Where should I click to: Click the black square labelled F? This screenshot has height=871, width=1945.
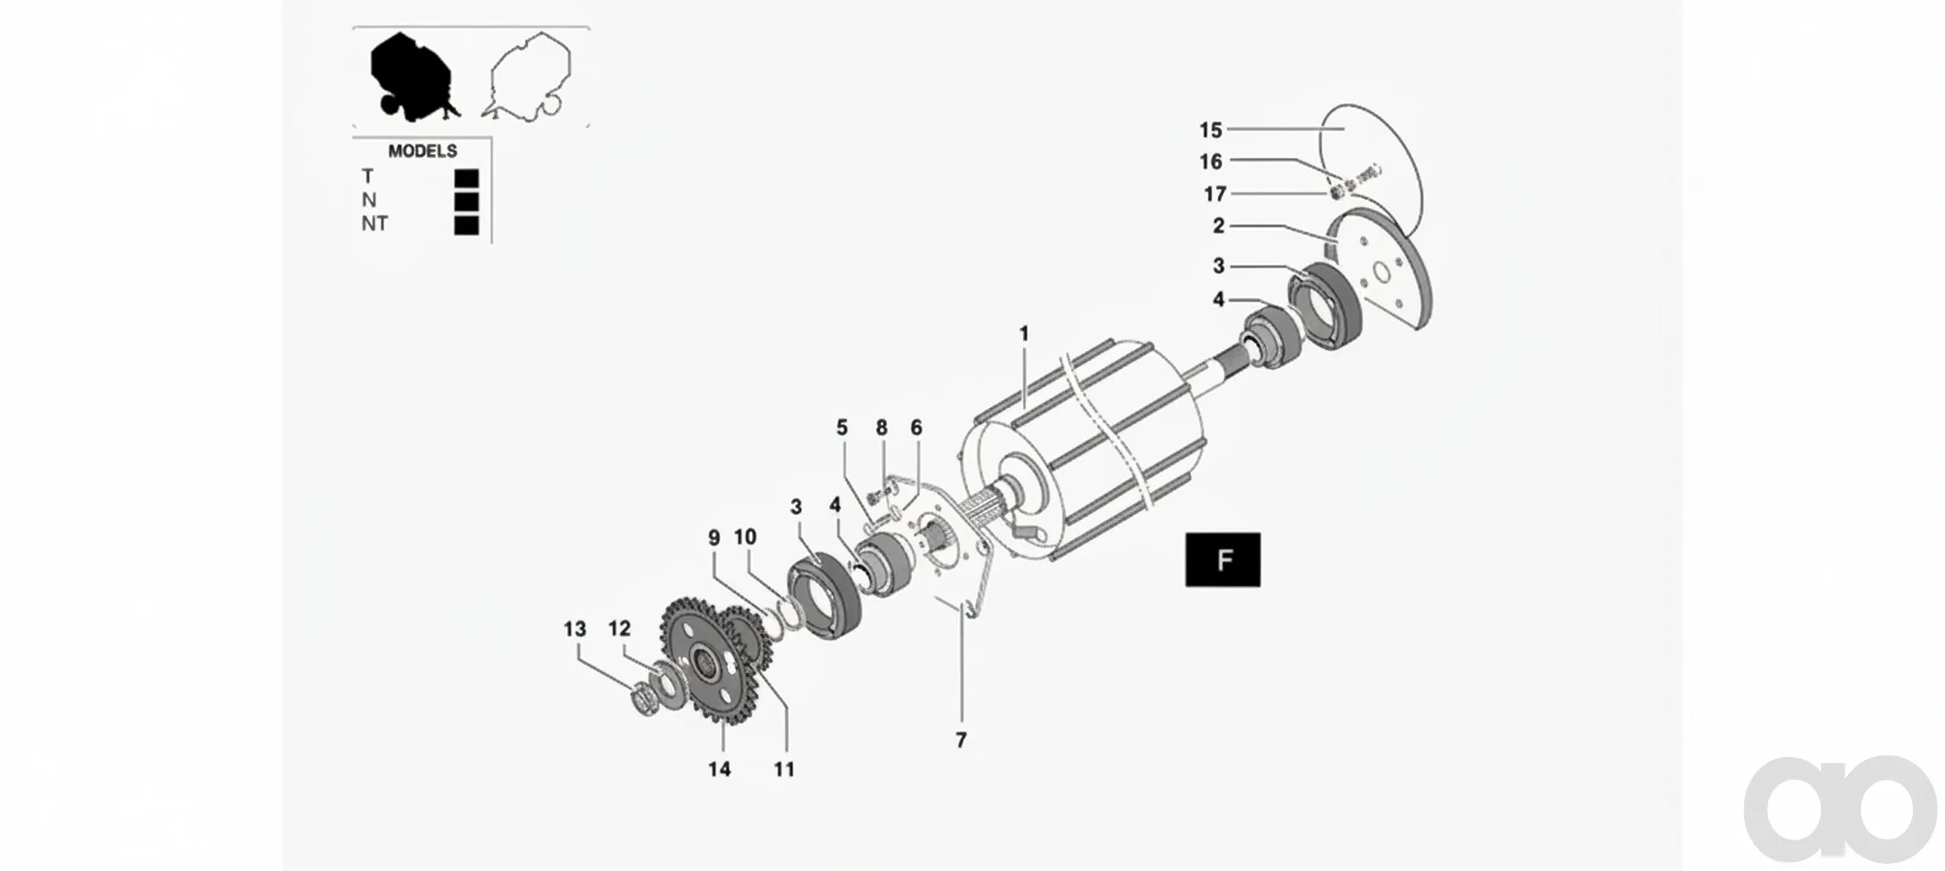[1223, 560]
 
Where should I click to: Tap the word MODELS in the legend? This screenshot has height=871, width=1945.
[422, 151]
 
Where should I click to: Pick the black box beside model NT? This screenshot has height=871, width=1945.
[466, 225]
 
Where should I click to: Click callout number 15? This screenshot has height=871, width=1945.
[1210, 130]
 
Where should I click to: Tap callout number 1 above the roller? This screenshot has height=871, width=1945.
[1024, 333]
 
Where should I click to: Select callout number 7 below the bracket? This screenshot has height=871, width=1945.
[960, 740]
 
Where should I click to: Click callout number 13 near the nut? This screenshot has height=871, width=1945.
[574, 629]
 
